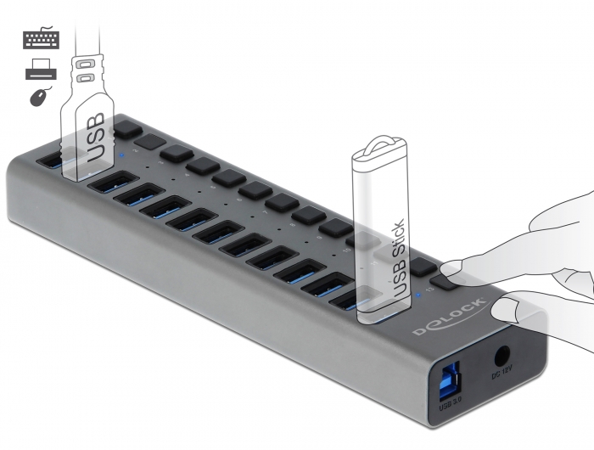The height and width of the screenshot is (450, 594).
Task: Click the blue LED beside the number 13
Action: pyautogui.click(x=421, y=295)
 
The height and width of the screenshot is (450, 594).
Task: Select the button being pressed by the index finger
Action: pyautogui.click(x=445, y=279)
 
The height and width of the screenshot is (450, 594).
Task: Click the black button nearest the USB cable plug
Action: pyautogui.click(x=127, y=129)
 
